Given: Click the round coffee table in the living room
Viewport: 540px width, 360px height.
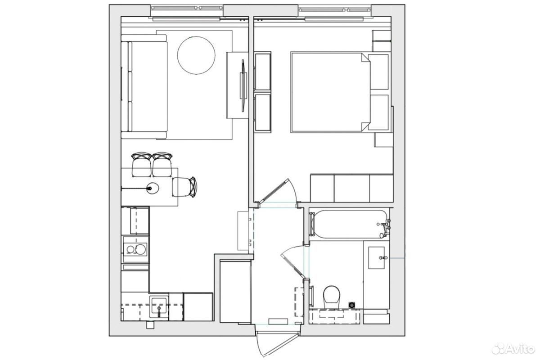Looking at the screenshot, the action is [196, 55].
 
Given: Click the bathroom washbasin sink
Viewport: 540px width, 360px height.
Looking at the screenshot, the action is [377, 257].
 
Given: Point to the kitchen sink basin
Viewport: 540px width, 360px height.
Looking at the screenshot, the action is [158, 307].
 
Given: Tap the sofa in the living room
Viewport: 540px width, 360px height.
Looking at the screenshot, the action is [144, 87].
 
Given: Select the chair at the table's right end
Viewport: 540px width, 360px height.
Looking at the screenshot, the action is [184, 187].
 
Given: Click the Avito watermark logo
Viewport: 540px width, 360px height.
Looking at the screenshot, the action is [513, 348].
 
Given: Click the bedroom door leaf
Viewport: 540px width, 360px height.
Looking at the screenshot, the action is [273, 191].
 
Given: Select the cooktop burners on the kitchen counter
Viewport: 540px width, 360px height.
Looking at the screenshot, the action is [136, 249].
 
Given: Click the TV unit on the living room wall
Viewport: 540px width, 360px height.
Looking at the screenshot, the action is [238, 85].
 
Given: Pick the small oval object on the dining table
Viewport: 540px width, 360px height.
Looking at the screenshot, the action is [153, 188].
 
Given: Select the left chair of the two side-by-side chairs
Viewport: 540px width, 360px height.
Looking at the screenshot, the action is [142, 164].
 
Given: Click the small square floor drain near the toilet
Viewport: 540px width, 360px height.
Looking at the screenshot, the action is [352, 305].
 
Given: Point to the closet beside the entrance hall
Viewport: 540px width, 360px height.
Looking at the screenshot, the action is [235, 291].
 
